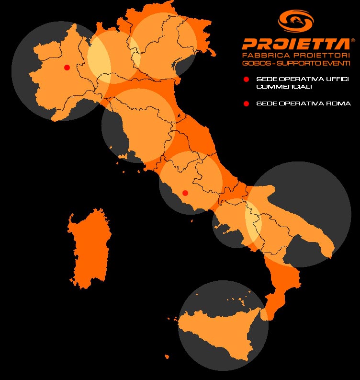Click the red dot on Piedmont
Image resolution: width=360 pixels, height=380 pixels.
pyautogui.click(x=67, y=67)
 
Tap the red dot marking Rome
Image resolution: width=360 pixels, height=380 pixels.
pyautogui.click(x=186, y=193)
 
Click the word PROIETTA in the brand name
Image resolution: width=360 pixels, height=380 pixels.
pyautogui.click(x=296, y=45)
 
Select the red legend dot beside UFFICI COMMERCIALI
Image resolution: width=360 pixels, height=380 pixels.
pyautogui.click(x=246, y=79)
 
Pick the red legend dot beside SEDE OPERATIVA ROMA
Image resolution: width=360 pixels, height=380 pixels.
pyautogui.click(x=246, y=104)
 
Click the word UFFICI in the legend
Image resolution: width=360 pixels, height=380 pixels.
pyautogui.click(x=326, y=79)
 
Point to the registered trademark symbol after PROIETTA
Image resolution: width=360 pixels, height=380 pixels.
pyautogui.click(x=353, y=41)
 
